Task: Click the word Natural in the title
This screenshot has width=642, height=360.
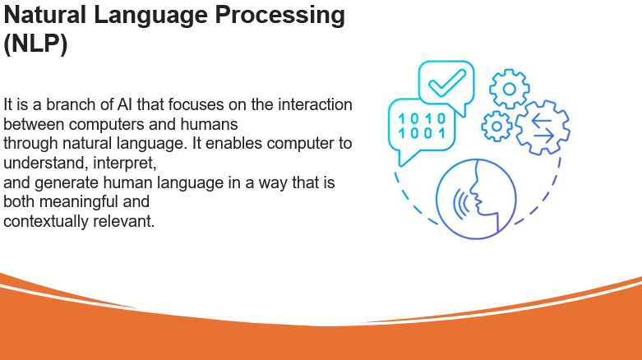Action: [x=44, y=15]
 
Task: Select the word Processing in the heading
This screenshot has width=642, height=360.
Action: [x=280, y=16]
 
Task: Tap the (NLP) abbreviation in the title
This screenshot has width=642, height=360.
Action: [x=35, y=44]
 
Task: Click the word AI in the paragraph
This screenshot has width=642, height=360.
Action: [x=125, y=104]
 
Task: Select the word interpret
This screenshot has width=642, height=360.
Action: [x=124, y=163]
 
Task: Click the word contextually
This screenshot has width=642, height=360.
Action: [x=46, y=221]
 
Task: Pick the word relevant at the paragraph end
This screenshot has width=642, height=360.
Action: [x=123, y=221]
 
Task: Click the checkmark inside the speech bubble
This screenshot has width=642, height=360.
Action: [x=446, y=83]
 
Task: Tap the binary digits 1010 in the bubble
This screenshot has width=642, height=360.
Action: [x=423, y=119]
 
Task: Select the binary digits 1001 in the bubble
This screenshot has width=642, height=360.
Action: [x=423, y=133]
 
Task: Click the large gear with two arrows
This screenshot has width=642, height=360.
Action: [x=543, y=127]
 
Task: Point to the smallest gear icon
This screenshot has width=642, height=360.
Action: [x=497, y=127]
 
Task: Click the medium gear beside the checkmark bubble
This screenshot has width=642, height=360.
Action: [x=510, y=89]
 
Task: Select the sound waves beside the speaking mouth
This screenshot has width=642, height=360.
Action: [x=461, y=203]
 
